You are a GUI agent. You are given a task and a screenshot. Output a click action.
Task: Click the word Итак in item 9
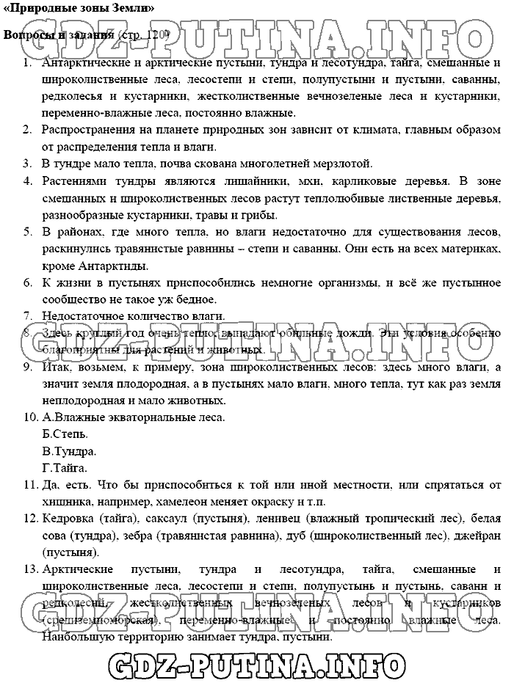pyautogui.click(x=54, y=367)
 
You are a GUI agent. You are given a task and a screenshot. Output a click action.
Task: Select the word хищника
pyautogui.click(x=68, y=502)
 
